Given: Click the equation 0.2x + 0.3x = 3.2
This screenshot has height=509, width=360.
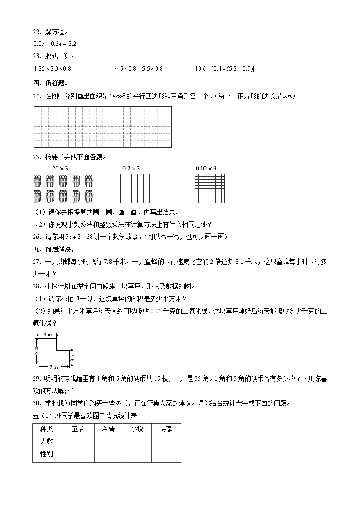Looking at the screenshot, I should coord(55,44).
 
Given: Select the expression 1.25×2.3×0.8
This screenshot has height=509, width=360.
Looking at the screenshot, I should coord(53,69).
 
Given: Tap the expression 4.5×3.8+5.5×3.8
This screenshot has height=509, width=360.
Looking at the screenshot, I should coord(139,69).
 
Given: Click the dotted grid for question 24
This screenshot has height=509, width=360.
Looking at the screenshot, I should coord(103,127).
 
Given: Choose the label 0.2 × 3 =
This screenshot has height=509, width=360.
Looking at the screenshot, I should coord(134,168).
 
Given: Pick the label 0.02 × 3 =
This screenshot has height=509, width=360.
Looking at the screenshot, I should coord(209,168).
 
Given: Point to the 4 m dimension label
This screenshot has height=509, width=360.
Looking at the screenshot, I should coord(48,334).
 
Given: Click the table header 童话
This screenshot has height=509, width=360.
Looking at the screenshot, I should coord(78,429).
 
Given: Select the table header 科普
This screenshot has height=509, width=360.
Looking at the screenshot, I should coord(108,429).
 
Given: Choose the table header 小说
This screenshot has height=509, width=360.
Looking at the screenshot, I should coord(137,429).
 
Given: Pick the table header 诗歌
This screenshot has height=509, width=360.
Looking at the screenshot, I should coord(166,429).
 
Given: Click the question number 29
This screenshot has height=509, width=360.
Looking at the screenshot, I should coord(37,379).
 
